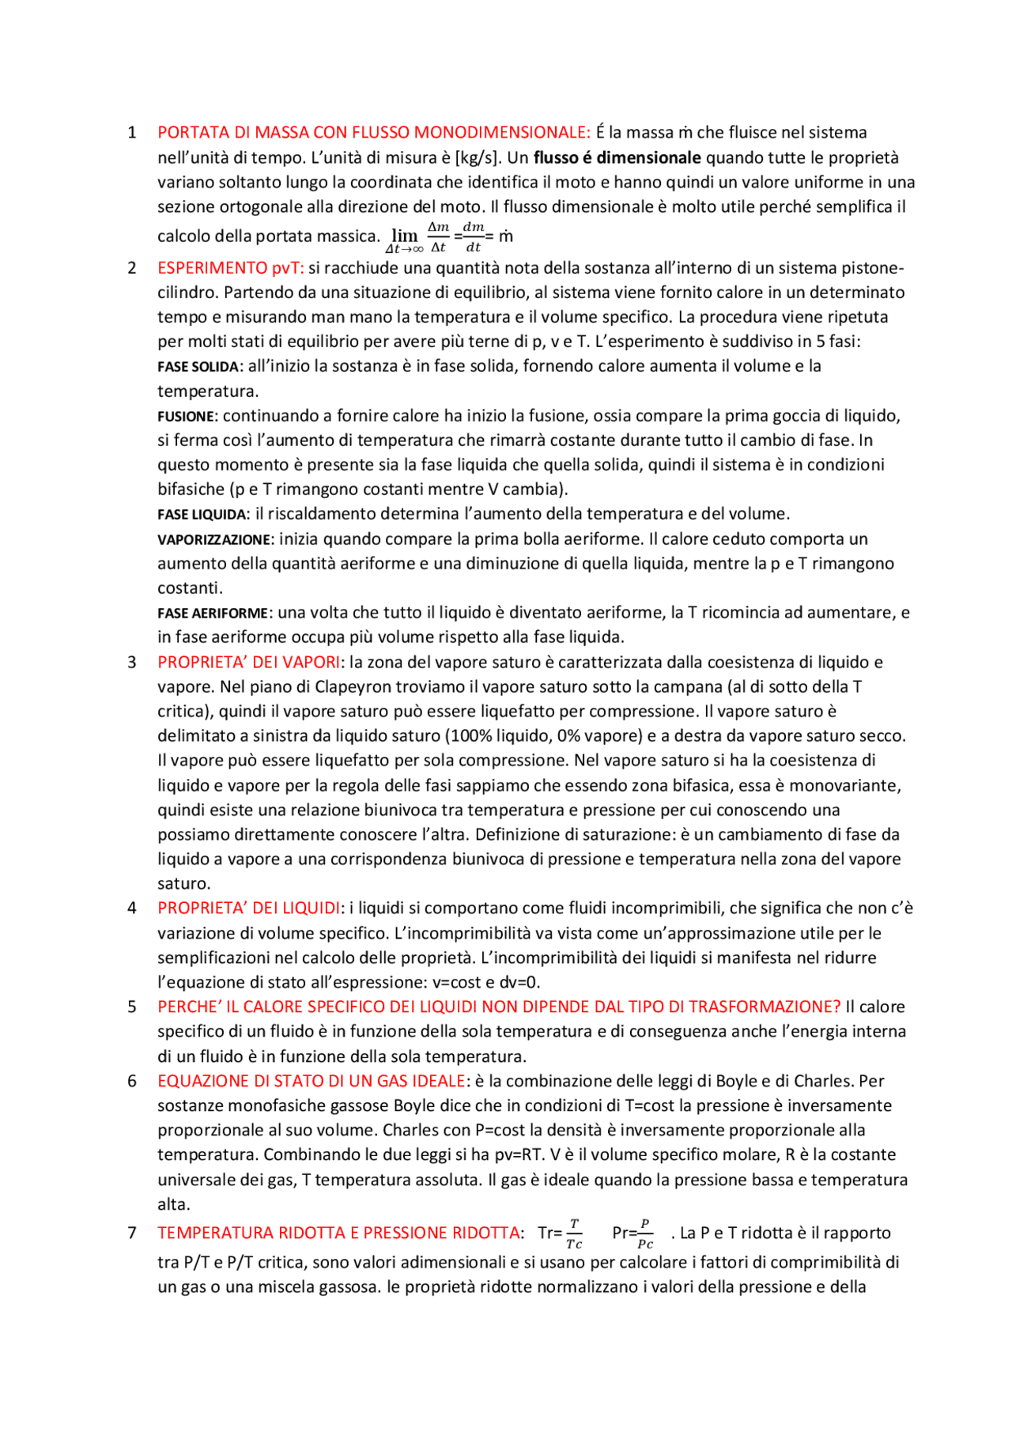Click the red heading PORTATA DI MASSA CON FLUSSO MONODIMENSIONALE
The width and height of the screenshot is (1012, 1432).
click(x=373, y=132)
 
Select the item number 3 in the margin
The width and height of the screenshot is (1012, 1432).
click(x=132, y=662)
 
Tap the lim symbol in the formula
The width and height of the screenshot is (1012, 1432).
click(x=405, y=236)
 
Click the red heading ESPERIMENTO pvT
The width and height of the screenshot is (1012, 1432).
click(x=230, y=267)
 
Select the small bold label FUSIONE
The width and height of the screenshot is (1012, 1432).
click(x=186, y=416)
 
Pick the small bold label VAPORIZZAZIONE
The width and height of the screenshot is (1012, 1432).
click(x=214, y=539)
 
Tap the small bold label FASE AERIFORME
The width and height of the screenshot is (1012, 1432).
click(x=213, y=613)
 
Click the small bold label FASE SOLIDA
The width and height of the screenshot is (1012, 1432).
click(x=198, y=367)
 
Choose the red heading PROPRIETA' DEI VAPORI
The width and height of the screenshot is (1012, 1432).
click(x=249, y=662)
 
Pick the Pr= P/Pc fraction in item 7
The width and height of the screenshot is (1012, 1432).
click(x=633, y=1234)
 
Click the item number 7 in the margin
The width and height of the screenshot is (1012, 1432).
click(x=132, y=1233)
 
